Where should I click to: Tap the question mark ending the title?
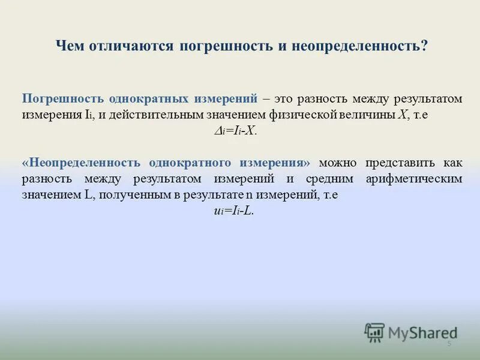point(425,47)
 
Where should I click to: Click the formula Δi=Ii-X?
point(236,131)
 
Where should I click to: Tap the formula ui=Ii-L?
point(234,211)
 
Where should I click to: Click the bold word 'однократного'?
point(184,163)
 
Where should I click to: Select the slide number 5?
point(448,343)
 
